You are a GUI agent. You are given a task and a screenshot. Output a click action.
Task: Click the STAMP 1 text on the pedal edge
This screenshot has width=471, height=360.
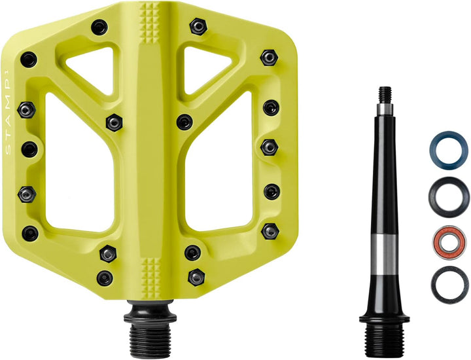(x=8, y=111)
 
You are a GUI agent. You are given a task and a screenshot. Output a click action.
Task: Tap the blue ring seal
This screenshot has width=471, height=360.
(x=449, y=135)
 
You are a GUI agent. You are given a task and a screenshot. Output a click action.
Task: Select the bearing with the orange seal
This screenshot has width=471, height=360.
(x=449, y=242)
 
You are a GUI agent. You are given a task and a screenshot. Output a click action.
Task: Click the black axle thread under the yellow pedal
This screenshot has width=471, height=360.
(x=150, y=336)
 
